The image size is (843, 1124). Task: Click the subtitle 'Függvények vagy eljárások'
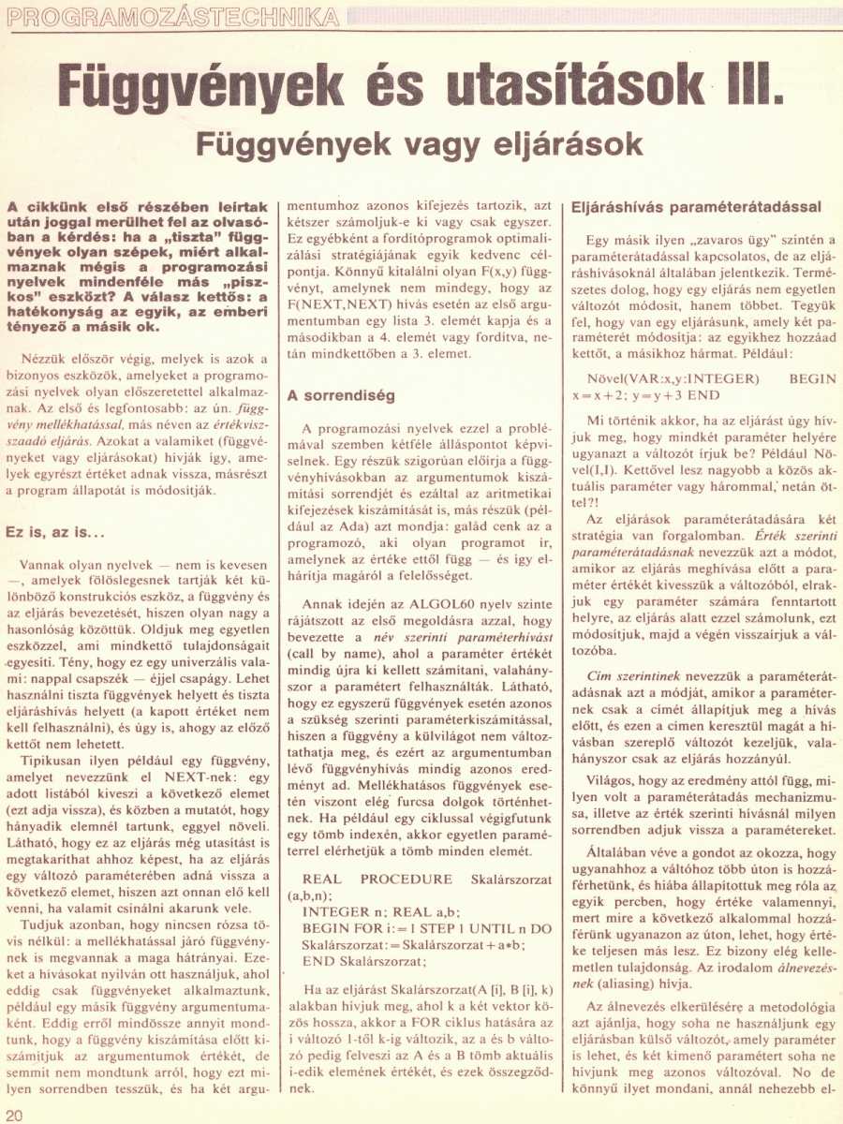point(419,144)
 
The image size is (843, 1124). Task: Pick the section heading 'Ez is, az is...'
point(54,531)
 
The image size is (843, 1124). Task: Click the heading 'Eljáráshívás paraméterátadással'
point(696,206)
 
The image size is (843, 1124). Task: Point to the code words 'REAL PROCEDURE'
point(378,879)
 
